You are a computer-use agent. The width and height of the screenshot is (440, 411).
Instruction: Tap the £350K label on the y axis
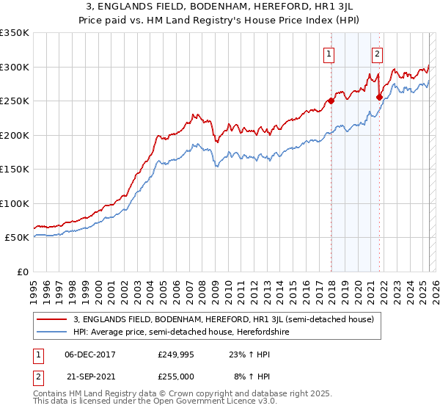(x=15, y=33)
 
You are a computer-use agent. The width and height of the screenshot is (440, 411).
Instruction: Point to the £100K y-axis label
(x=15, y=203)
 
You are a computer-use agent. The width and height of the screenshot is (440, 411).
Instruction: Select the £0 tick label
(x=22, y=272)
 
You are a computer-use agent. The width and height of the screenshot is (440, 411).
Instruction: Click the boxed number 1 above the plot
(x=329, y=53)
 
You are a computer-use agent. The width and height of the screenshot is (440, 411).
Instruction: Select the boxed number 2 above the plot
(x=377, y=53)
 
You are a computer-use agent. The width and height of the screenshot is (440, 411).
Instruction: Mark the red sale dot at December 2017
(x=331, y=101)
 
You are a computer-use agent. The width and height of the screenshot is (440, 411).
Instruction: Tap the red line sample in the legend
(x=53, y=319)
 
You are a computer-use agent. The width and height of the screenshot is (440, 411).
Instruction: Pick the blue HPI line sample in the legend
(x=53, y=332)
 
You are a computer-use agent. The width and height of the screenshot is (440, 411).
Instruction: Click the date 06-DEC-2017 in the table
(x=90, y=354)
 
